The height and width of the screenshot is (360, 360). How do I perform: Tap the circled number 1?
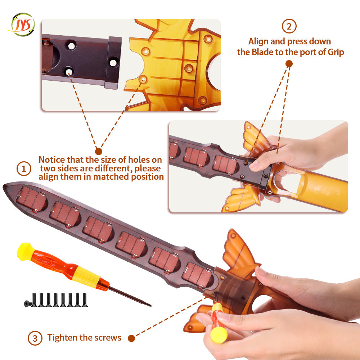coord(24,169)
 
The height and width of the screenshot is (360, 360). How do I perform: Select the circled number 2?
coord(289,26)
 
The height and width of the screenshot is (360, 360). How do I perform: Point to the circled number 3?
coord(35,338)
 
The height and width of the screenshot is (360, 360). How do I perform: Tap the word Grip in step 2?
coord(336,53)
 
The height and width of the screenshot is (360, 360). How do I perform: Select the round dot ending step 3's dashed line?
coord(131,338)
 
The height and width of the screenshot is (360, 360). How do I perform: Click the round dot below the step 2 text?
coord(289,64)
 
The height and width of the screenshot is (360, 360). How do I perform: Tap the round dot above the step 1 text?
coord(99,151)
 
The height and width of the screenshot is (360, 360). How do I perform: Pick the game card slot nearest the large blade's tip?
coord(32,199)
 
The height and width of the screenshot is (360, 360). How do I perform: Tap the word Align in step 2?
coord(258,42)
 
